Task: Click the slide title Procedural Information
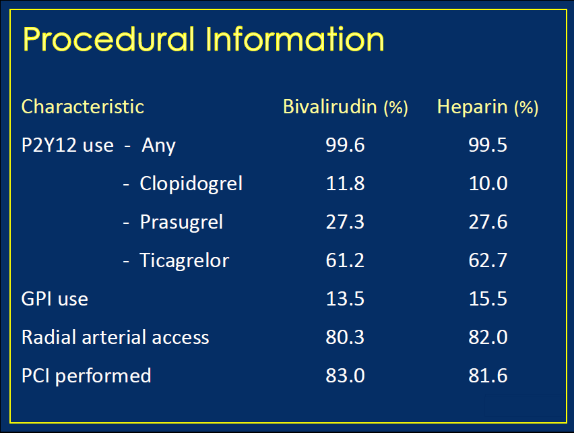pyautogui.click(x=203, y=39)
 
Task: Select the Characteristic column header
pyautogui.click(x=83, y=107)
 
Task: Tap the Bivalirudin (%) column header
pyautogui.click(x=346, y=107)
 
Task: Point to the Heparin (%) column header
pyautogui.click(x=488, y=107)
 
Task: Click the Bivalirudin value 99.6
pyautogui.click(x=345, y=145)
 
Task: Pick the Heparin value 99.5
pyautogui.click(x=488, y=145)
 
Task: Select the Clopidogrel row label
pyautogui.click(x=191, y=184)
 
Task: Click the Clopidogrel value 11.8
pyautogui.click(x=345, y=183)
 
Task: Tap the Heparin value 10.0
pyautogui.click(x=488, y=183)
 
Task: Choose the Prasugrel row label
pyautogui.click(x=182, y=223)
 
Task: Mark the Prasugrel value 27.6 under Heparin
pyautogui.click(x=488, y=222)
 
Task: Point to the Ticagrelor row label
pyautogui.click(x=185, y=261)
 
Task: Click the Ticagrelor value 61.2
pyautogui.click(x=345, y=260)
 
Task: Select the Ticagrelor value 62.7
pyautogui.click(x=488, y=260)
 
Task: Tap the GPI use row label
pyautogui.click(x=55, y=299)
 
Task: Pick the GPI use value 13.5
pyautogui.click(x=345, y=299)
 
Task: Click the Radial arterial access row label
pyautogui.click(x=115, y=337)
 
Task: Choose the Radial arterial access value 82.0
pyautogui.click(x=488, y=337)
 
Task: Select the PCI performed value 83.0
pyautogui.click(x=345, y=376)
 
